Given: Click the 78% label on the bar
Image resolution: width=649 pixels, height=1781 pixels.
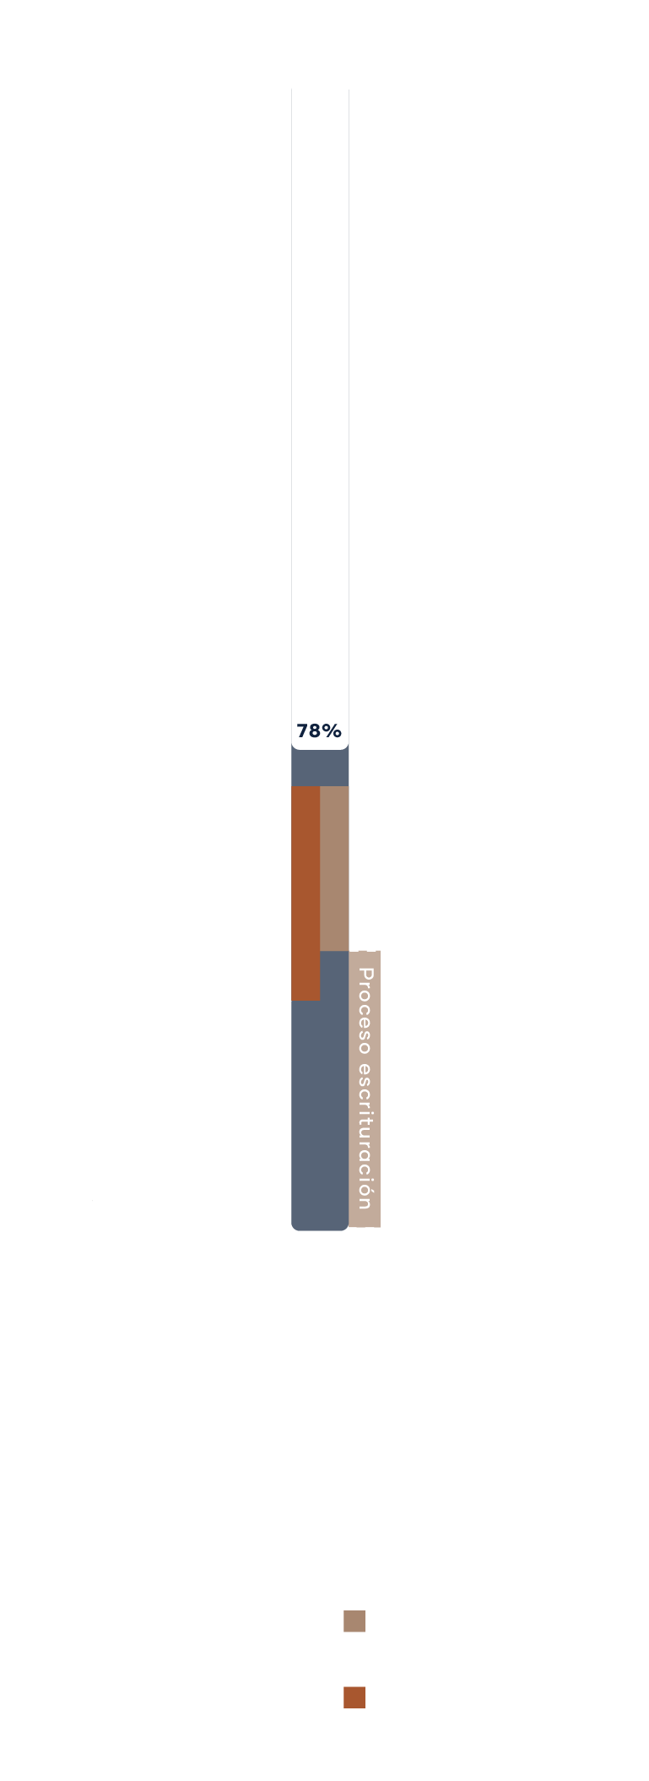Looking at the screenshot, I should [319, 730].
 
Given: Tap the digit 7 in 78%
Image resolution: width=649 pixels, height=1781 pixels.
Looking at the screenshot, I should [302, 730].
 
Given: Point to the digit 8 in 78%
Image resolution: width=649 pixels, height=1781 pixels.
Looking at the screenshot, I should [314, 730].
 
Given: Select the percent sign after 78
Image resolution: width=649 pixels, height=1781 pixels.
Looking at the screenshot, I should [331, 730].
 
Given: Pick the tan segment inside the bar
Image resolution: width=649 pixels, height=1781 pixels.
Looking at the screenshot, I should [334, 868].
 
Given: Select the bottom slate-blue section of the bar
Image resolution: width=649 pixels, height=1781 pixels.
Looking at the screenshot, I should [320, 1115].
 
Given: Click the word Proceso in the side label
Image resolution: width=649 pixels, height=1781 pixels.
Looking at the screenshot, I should [365, 1011].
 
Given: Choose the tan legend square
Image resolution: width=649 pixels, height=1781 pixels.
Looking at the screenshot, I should [354, 1621].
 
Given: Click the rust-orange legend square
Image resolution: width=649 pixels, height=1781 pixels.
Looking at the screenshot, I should [354, 1697].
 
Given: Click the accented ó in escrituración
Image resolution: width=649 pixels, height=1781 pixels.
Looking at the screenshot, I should [365, 1189].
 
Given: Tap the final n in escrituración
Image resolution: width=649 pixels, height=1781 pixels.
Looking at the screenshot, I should [365, 1203].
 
